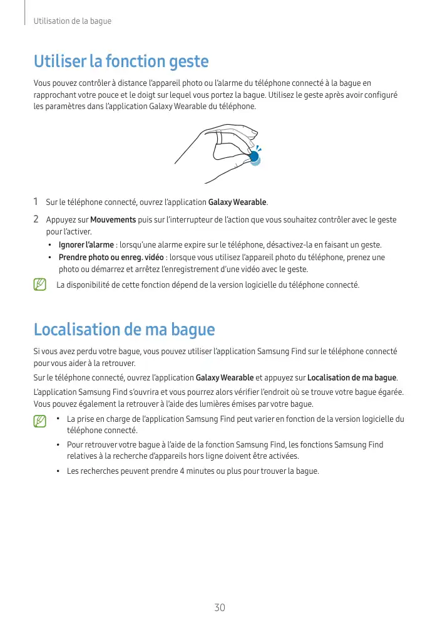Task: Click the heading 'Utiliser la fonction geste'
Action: tap(121, 61)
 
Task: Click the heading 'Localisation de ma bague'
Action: tap(124, 329)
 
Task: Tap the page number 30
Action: tap(220, 607)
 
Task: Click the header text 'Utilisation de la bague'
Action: tap(73, 21)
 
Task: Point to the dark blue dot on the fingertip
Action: tap(253, 157)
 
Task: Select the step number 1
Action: tap(36, 202)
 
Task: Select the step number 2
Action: tap(36, 219)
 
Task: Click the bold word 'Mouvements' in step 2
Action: tap(113, 220)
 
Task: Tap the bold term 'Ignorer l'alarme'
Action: tap(86, 244)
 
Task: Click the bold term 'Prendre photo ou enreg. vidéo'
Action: tap(111, 258)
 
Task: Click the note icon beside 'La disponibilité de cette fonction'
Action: tap(40, 285)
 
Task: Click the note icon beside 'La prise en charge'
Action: tap(40, 421)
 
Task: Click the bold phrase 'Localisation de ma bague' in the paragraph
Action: tap(352, 377)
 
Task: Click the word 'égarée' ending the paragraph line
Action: tap(389, 392)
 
